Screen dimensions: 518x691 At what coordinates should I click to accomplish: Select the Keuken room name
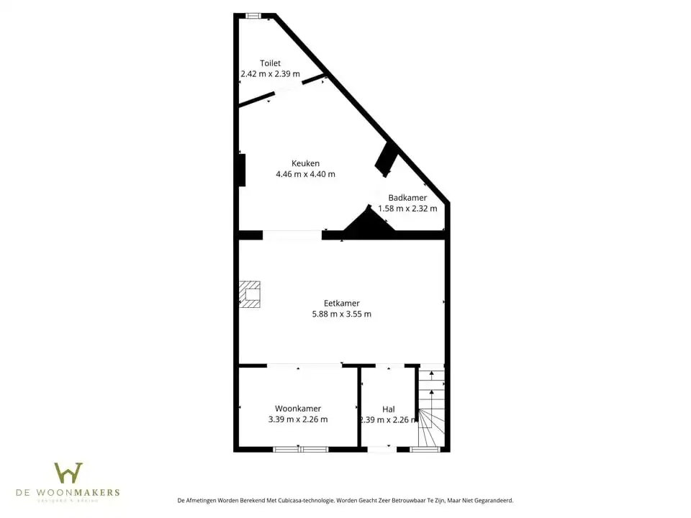point(305,163)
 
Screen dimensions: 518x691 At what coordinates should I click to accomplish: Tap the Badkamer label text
point(407,198)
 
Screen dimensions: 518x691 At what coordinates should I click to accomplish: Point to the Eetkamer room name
point(341,303)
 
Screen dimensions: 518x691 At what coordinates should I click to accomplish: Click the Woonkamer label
point(297,409)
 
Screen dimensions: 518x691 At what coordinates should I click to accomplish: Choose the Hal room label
point(388,409)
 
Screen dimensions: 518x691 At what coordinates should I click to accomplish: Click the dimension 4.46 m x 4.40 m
point(305,174)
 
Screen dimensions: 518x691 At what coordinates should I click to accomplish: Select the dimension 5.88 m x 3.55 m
point(341,314)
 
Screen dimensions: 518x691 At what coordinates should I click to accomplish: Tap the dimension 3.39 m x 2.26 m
point(297,419)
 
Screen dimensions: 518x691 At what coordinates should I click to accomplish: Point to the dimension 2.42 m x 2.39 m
point(271,74)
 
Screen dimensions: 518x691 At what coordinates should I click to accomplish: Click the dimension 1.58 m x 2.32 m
point(407,209)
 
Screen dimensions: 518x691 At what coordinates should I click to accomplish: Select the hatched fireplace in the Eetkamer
point(250,294)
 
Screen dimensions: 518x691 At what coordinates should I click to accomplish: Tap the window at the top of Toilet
point(253,15)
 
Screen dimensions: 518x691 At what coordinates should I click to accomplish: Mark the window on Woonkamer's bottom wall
point(300,450)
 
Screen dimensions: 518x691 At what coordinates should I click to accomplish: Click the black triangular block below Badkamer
point(369,224)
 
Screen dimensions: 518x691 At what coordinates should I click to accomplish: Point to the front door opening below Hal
point(381,450)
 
